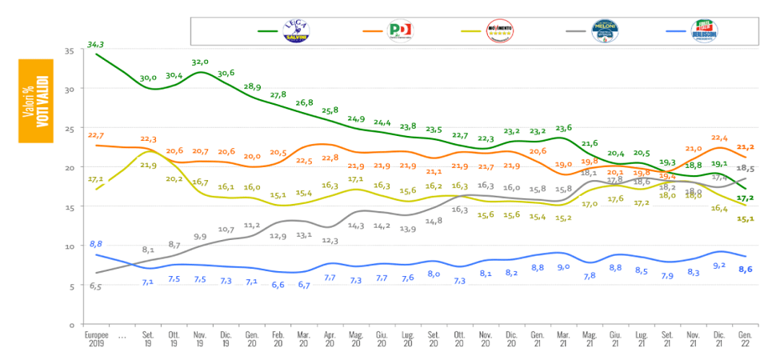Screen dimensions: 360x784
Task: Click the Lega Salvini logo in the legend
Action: point(298,31)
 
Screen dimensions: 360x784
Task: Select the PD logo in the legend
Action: point(399,31)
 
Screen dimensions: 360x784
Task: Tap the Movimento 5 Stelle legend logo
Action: point(499,31)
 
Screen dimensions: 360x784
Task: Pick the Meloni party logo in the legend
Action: point(601,31)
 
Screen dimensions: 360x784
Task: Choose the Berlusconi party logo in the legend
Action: point(702,31)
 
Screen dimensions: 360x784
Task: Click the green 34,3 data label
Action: point(98,44)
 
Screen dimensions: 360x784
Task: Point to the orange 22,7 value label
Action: point(96,135)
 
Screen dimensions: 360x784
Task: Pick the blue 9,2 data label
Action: point(718,265)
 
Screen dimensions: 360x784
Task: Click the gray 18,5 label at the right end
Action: point(746,168)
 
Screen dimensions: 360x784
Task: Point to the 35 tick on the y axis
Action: point(69,50)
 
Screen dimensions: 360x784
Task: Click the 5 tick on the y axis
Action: point(71,286)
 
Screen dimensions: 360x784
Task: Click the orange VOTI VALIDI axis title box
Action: point(35,100)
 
